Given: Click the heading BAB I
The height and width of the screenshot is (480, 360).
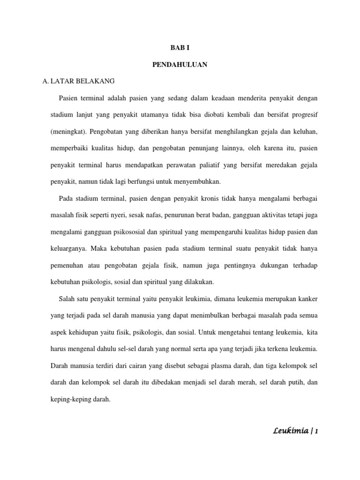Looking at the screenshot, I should click(x=180, y=47).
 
